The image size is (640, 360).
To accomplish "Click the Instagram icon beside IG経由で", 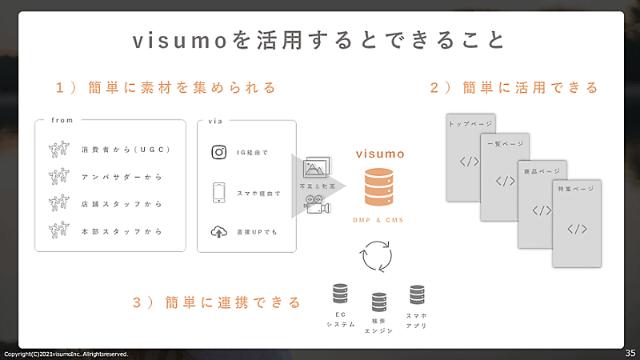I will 219,152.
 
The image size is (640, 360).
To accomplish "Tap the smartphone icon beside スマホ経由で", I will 219,193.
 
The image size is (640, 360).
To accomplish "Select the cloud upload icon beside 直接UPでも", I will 219,231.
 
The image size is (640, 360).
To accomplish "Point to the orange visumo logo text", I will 380,152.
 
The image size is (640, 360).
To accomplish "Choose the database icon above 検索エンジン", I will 379,302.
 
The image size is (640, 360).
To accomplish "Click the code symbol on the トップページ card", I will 469,163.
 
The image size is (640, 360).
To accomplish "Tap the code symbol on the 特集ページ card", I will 577,230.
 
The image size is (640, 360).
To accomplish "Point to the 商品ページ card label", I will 542,172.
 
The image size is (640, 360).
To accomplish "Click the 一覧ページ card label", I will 504,144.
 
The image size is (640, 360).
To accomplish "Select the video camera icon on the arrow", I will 318,206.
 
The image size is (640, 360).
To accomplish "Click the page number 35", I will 630,352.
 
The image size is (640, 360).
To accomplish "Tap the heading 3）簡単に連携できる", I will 217,302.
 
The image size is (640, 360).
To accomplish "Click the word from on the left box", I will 62,120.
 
